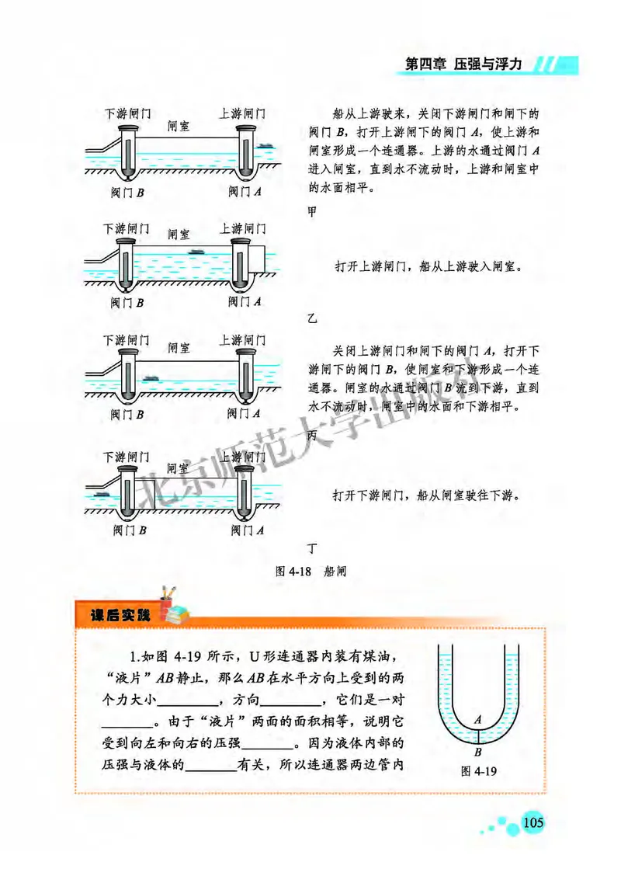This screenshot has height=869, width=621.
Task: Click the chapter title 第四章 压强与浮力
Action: (470, 65)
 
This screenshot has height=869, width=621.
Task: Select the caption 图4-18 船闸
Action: (310, 570)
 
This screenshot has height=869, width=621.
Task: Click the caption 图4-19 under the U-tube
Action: (478, 770)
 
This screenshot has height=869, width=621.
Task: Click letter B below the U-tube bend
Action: (478, 751)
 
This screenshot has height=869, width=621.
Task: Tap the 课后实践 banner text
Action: (119, 617)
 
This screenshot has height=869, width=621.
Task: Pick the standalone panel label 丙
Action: (312, 436)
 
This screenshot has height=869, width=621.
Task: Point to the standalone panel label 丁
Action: (312, 548)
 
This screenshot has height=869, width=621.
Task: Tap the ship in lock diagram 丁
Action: (99, 492)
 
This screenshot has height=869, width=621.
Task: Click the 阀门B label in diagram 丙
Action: (127, 414)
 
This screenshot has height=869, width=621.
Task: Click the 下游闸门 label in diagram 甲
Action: (127, 113)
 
